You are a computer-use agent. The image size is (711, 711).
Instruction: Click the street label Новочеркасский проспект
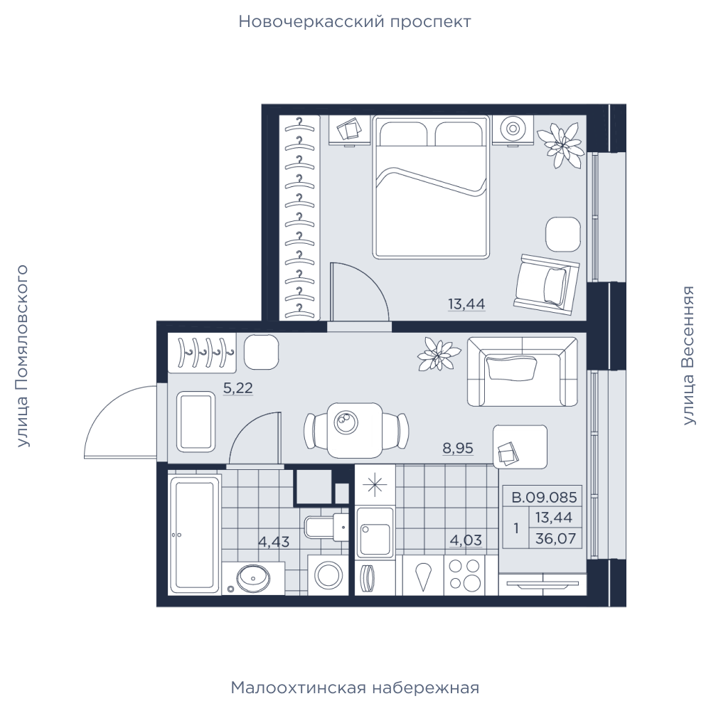pos(355,22)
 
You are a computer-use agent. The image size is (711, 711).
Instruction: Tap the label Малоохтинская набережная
pos(355,688)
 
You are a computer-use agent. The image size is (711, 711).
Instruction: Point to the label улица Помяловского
pos(22,356)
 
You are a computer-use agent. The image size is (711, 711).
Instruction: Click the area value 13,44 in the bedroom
pos(466,304)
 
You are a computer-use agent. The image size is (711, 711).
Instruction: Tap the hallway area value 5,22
pos(238,388)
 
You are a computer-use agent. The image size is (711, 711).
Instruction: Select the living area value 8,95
pos(458,448)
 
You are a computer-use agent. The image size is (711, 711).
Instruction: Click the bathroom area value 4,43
pos(274,541)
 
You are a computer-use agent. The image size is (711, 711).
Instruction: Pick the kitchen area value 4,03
pos(466,540)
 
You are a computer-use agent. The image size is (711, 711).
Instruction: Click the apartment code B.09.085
pos(544,498)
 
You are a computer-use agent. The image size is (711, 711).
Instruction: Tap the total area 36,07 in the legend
pos(555,539)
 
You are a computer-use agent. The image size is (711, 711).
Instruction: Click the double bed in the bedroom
pos(431,187)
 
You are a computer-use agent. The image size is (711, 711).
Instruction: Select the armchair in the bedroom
pos(546,284)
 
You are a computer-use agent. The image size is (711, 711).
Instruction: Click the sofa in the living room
pos(523,371)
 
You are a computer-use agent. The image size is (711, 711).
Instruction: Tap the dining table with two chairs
pos(356,430)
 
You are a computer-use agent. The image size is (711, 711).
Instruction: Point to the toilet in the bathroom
pos(326,527)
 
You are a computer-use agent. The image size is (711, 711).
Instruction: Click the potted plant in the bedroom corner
pos(560,145)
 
